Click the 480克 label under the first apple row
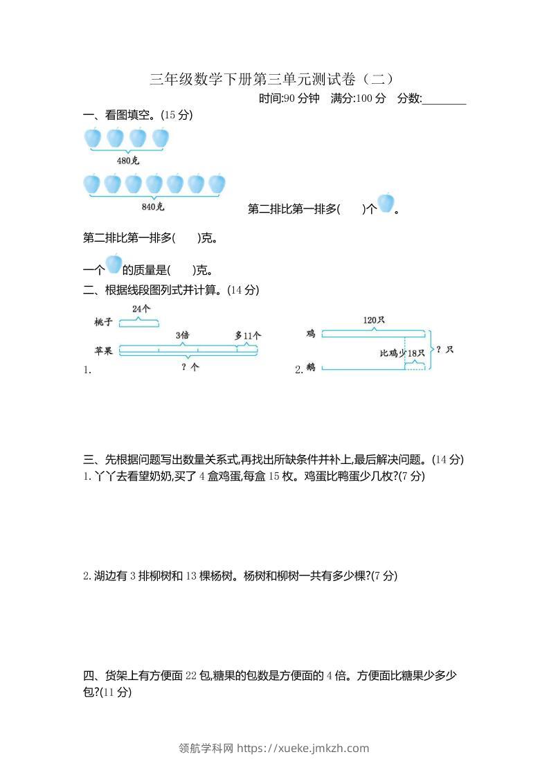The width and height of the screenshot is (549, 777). (128, 161)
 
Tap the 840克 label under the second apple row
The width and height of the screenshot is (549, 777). (153, 206)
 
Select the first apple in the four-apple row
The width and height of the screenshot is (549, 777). (93, 138)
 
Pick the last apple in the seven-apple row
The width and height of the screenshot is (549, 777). (217, 184)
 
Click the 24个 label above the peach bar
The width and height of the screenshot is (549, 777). (141, 308)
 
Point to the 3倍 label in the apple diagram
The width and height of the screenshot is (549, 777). (183, 335)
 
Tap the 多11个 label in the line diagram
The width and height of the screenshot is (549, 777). (248, 335)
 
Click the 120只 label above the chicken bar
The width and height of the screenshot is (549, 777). (374, 320)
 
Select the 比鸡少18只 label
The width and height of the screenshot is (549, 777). (402, 353)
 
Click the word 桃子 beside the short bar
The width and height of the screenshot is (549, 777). (104, 323)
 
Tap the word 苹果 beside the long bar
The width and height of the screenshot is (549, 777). (104, 350)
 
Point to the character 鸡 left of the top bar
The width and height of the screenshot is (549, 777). (311, 334)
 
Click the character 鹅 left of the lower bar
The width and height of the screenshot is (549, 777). (311, 368)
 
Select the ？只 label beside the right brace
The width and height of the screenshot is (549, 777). (445, 350)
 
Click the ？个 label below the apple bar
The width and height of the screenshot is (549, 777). (190, 368)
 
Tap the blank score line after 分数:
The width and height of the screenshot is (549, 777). (444, 99)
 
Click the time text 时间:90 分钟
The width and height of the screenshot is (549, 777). (289, 98)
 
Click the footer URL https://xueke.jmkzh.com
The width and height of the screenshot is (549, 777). (303, 748)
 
